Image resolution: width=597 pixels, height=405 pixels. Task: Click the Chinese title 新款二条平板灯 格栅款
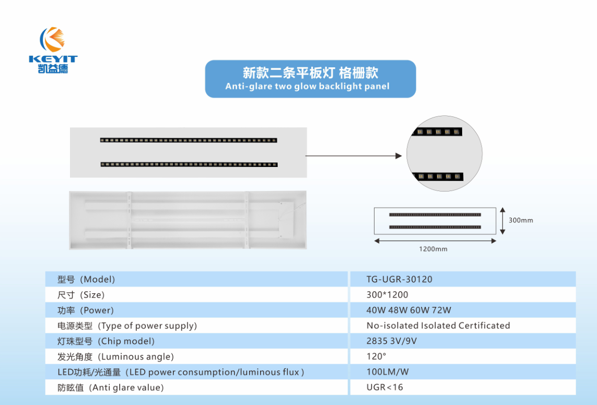[310, 73]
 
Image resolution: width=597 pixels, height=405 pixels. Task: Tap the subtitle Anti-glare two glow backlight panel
[307, 86]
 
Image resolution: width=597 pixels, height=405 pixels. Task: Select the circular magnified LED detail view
[444, 153]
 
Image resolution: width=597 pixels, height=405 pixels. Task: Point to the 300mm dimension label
[521, 220]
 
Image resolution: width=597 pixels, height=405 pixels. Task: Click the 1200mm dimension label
[433, 249]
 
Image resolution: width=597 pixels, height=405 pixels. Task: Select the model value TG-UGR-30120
[399, 279]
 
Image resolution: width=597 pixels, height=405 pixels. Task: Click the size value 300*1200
[387, 295]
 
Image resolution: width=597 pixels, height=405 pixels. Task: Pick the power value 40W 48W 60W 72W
[408, 310]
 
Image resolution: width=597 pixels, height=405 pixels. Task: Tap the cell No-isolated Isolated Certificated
[438, 326]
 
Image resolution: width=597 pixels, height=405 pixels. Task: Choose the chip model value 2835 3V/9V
[391, 341]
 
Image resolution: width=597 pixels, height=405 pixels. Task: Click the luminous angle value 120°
[376, 357]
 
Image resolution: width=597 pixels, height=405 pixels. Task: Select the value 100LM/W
[387, 372]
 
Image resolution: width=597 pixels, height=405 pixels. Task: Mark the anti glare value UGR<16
[384, 387]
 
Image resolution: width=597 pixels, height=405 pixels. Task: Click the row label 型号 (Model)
[86, 279]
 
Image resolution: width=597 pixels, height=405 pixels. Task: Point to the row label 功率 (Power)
[85, 310]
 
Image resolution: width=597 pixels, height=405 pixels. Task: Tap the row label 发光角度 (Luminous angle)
[115, 357]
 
